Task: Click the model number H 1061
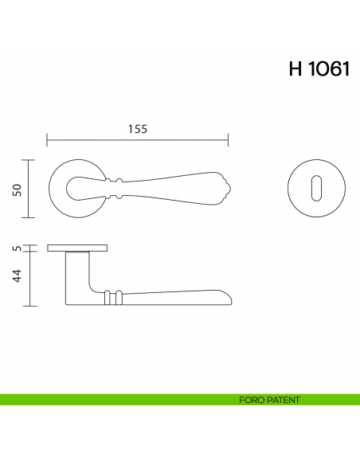pos(319,69)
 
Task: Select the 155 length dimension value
pos(138,129)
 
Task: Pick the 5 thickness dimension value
pos(16,248)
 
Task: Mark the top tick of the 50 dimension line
pos(30,160)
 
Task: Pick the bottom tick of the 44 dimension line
pos(30,306)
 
